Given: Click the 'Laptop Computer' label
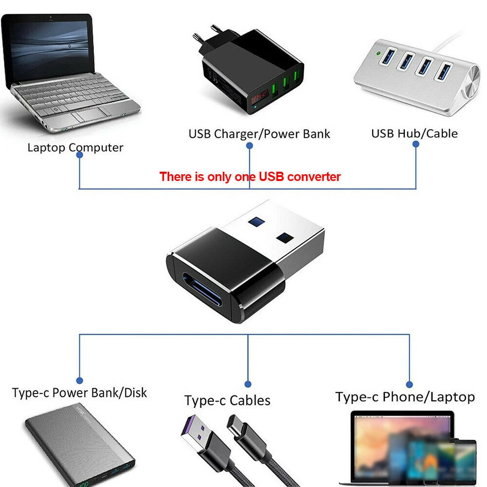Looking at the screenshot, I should pos(75,147).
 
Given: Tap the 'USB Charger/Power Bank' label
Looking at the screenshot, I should pos(259,134).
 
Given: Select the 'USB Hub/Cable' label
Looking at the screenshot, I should pos(414,133).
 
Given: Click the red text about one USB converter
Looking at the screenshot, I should pos(250,177).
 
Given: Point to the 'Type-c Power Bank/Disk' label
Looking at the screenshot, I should pos(79,393).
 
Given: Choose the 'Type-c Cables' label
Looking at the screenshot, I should pos(227,400).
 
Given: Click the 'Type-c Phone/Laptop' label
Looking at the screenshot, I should pos(405,397).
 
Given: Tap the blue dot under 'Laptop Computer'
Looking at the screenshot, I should pos(79,155).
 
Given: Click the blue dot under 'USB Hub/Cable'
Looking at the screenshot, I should pos(415,144).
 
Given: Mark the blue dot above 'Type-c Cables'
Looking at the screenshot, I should pos(248,384).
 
